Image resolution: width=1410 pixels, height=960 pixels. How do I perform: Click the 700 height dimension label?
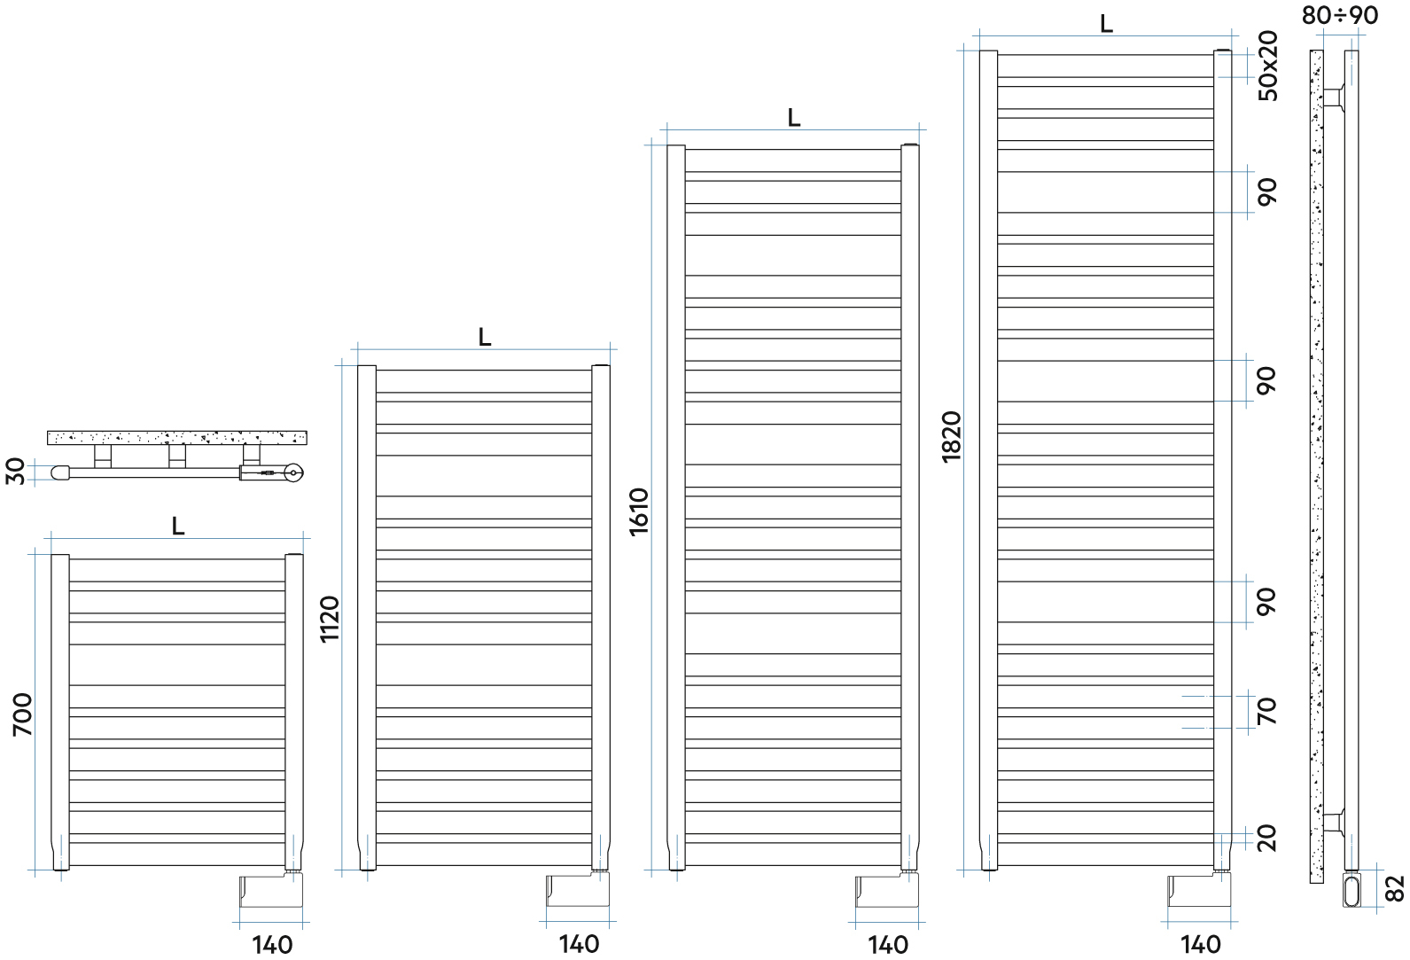point(22,714)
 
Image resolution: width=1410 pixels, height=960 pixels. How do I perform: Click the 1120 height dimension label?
point(330,619)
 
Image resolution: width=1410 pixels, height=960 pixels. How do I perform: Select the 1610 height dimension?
point(639,511)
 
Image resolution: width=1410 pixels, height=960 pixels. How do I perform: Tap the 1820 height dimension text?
point(952,436)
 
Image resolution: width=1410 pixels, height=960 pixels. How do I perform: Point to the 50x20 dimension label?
point(1269,66)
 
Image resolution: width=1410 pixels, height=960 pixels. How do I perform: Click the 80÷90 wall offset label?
point(1340,15)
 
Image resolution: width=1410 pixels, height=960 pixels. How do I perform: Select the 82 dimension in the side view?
point(1394,888)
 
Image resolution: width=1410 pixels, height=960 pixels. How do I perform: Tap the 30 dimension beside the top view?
point(16,471)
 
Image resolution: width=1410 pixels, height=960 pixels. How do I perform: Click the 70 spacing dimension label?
point(1267,711)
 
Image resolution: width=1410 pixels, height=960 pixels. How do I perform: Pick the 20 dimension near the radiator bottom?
point(1267,838)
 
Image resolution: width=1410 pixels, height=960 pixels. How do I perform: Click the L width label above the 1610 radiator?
point(793,118)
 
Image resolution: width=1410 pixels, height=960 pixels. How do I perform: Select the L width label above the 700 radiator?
point(178,527)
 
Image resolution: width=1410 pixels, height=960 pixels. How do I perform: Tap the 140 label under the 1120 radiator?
point(579,944)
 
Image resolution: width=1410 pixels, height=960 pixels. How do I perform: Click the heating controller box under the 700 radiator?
point(270,891)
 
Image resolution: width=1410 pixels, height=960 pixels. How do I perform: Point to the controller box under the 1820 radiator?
point(1199,891)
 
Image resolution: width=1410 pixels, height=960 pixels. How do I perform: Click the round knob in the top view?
point(293,473)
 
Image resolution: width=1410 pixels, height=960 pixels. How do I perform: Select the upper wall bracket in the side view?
point(1334,98)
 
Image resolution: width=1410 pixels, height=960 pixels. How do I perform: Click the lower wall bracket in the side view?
point(1334,822)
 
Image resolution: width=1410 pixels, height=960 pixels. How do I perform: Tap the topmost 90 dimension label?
point(1267,191)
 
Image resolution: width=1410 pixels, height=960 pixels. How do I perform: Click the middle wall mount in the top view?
point(177,456)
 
